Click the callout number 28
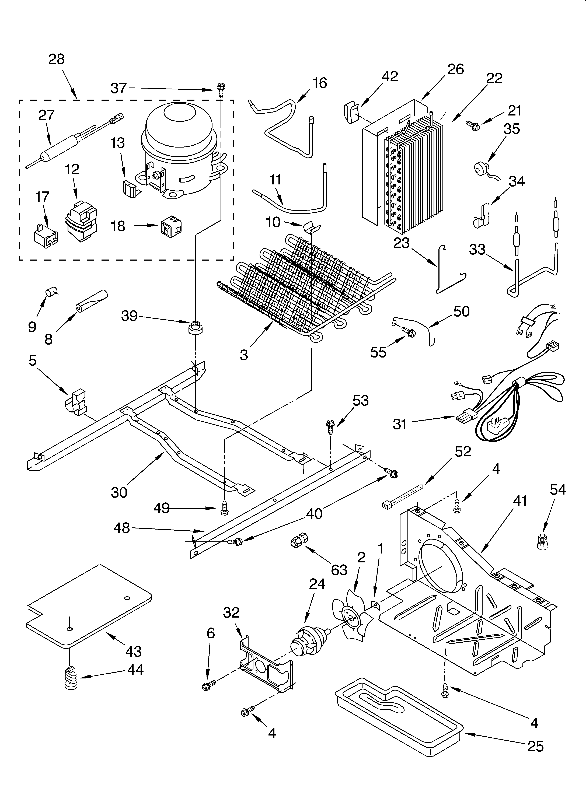coord(56,59)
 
